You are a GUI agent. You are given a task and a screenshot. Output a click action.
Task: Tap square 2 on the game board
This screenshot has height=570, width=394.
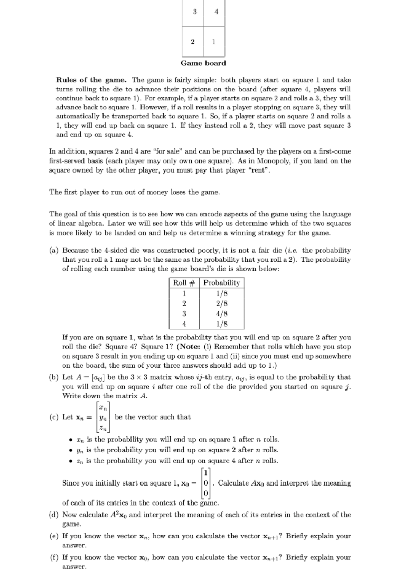tap(193, 41)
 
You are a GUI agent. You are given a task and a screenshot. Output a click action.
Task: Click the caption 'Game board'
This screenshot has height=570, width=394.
tap(203, 63)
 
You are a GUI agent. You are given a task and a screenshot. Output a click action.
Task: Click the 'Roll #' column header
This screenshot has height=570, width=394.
tap(184, 283)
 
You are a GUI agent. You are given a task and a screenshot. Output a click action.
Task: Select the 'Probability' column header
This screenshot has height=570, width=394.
tap(222, 283)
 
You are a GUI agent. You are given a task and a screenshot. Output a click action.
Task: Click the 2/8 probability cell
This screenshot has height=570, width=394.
tap(222, 304)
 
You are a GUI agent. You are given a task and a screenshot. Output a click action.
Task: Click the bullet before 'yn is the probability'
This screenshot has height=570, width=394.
tap(71, 450)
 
